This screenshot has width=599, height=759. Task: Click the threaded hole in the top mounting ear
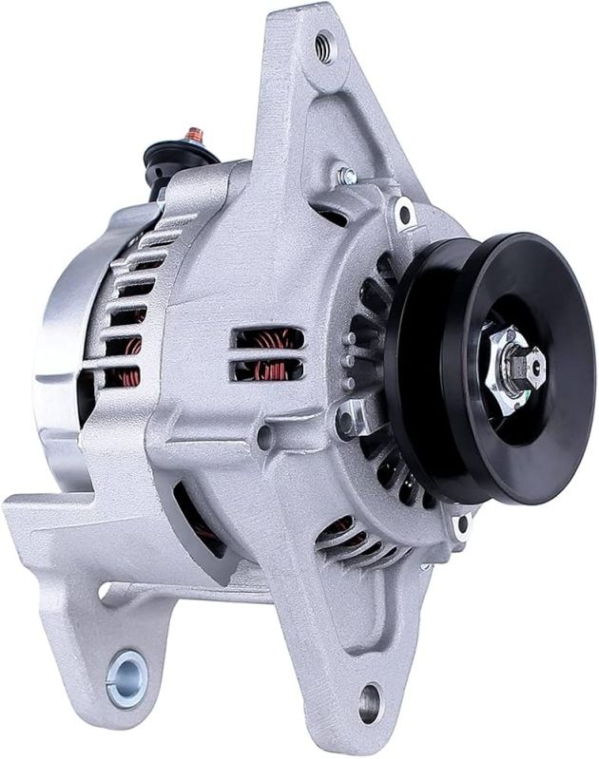click(324, 46)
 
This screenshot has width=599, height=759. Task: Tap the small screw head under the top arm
click(347, 176)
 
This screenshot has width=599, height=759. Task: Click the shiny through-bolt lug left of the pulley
click(349, 415)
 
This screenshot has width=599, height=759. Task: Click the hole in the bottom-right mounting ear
click(369, 704)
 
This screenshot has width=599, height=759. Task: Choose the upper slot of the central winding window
click(269, 339)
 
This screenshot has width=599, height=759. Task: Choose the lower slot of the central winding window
click(269, 368)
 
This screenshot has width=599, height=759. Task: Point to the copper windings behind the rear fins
click(124, 370)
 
